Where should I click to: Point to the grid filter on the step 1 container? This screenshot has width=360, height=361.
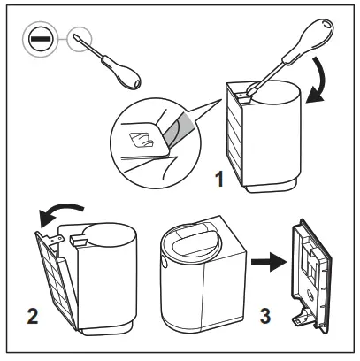coord(239,133)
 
